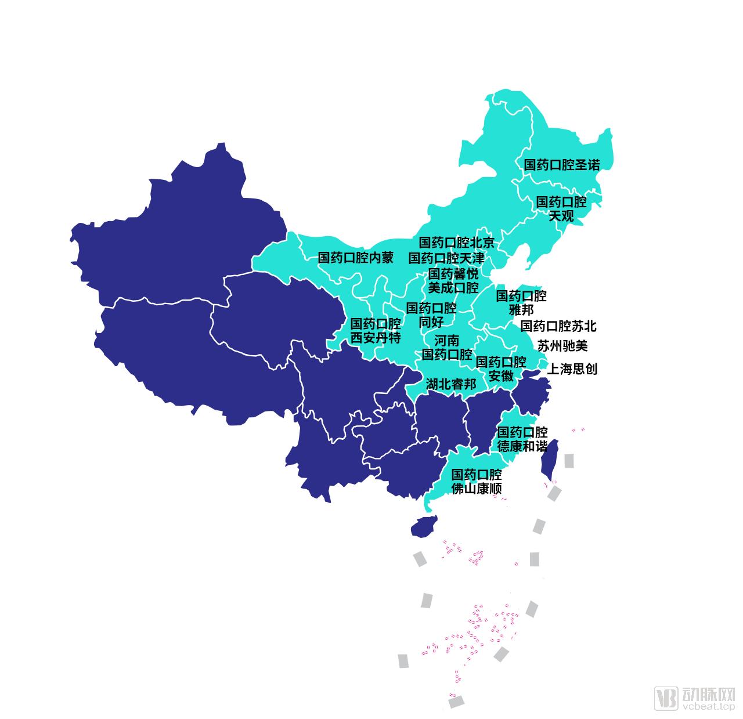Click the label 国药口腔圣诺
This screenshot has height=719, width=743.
(x=561, y=165)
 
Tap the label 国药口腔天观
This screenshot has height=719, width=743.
(x=561, y=209)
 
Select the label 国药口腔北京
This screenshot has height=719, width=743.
(x=456, y=243)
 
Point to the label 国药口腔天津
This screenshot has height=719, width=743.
(x=446, y=258)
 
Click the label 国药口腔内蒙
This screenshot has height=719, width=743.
(x=355, y=258)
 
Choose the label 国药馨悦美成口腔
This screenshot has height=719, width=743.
(x=453, y=280)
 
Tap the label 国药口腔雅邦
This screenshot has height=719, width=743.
(x=521, y=303)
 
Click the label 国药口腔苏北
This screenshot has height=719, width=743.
(x=558, y=326)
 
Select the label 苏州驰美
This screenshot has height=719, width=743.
(x=562, y=346)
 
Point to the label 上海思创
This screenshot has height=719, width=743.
(x=572, y=369)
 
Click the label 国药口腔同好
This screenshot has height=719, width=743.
(x=431, y=315)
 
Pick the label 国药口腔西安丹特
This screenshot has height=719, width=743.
(x=375, y=331)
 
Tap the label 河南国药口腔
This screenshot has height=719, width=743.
(x=446, y=347)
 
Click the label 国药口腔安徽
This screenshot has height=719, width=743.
(x=501, y=369)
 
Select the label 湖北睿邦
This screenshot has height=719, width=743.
(x=450, y=384)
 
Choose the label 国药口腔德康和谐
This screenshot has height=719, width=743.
(x=522, y=439)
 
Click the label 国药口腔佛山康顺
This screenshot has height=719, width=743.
(x=476, y=482)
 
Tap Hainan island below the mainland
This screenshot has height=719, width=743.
(x=423, y=526)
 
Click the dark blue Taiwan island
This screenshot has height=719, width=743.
(x=549, y=458)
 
